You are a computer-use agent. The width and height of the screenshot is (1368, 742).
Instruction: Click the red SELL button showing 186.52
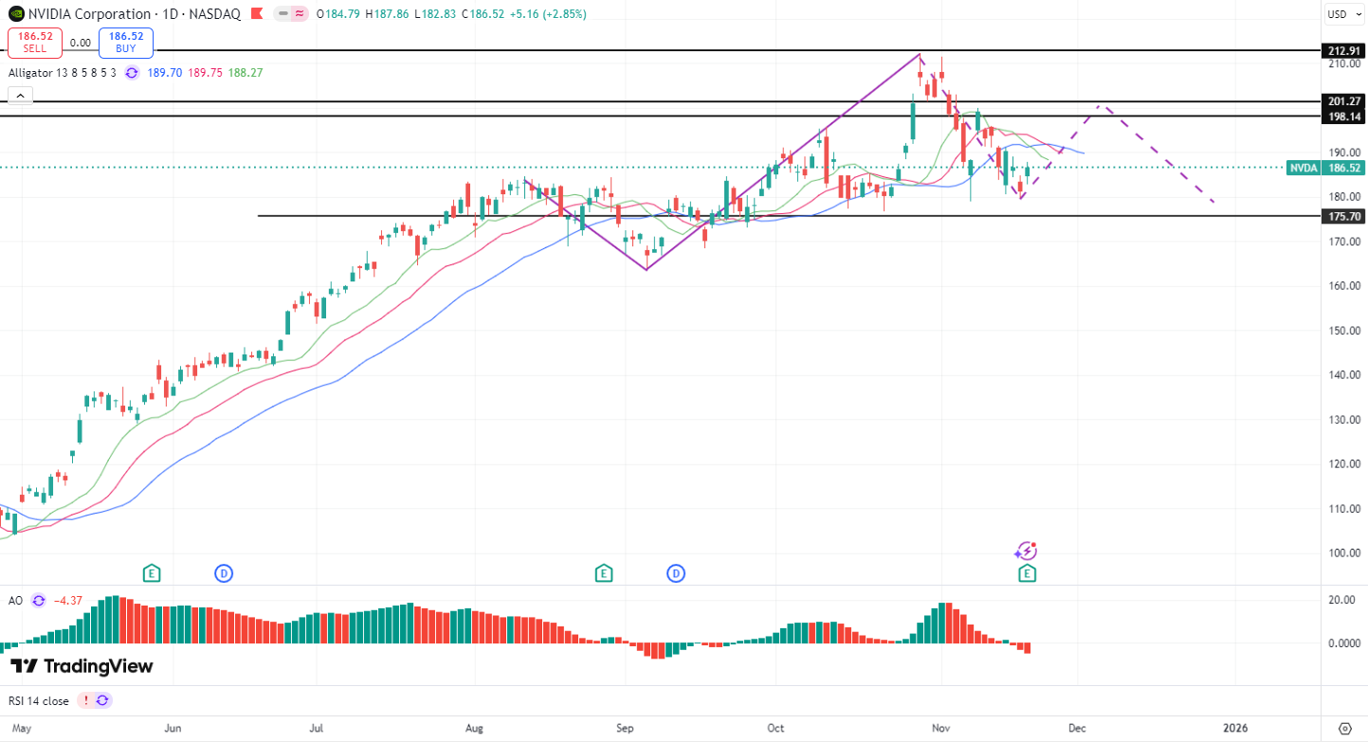click(36, 43)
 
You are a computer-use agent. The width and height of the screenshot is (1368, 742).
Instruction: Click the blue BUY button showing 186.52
click(126, 43)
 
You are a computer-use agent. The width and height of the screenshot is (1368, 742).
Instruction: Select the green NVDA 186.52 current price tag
click(1325, 168)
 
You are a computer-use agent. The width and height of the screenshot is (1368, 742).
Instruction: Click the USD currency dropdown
click(1342, 14)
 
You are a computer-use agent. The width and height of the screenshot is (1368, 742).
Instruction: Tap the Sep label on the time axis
click(625, 728)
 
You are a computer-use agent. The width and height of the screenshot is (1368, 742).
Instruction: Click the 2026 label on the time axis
click(1235, 728)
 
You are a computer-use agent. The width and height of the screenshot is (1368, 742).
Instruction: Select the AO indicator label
click(15, 600)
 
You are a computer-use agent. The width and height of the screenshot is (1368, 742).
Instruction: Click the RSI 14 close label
click(39, 700)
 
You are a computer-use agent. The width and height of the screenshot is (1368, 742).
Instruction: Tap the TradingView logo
click(82, 666)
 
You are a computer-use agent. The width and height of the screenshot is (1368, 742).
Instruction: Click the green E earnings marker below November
click(1027, 573)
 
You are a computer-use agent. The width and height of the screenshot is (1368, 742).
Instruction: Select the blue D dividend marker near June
click(224, 573)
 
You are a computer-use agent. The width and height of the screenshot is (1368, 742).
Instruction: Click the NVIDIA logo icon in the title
click(15, 14)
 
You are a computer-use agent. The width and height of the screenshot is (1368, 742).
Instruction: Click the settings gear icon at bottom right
click(1344, 728)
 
